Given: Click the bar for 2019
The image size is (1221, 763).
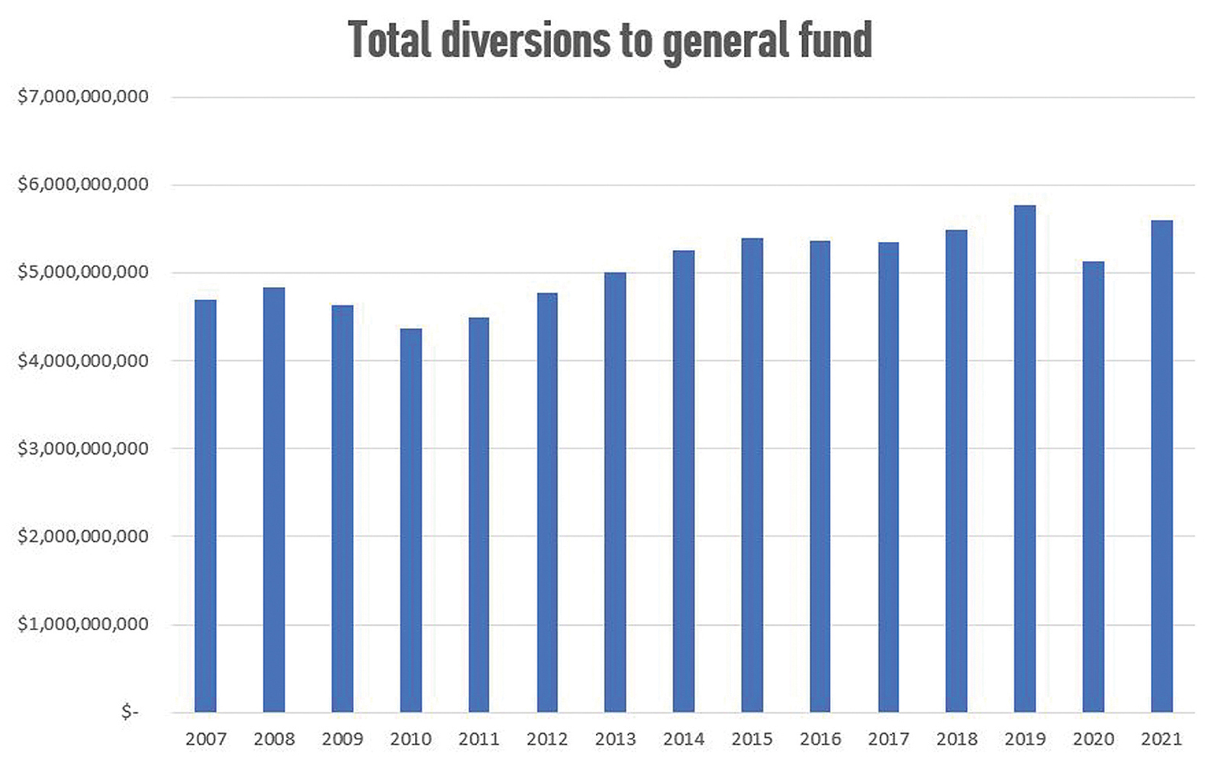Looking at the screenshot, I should click(x=1025, y=458).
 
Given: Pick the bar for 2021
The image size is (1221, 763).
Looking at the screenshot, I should click(x=1161, y=465).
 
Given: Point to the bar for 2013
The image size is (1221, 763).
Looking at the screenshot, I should click(x=615, y=492).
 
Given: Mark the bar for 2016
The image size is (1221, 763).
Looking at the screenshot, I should click(x=820, y=476).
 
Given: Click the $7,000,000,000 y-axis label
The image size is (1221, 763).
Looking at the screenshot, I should click(x=83, y=97).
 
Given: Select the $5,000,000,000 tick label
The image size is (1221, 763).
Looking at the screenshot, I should click(x=83, y=272).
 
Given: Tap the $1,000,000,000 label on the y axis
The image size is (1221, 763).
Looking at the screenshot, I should click(x=83, y=624).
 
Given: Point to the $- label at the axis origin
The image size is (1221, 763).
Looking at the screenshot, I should click(x=130, y=712).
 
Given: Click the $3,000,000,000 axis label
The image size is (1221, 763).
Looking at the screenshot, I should click(x=83, y=449).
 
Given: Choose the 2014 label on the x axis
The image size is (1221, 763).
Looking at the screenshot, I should click(x=684, y=739).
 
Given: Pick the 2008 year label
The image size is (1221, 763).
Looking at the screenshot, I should click(x=274, y=739).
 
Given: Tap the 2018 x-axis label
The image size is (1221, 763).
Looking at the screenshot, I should click(x=957, y=739).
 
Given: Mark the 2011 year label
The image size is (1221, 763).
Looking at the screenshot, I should click(x=478, y=739).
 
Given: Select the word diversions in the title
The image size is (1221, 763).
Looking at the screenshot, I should click(x=526, y=40).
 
